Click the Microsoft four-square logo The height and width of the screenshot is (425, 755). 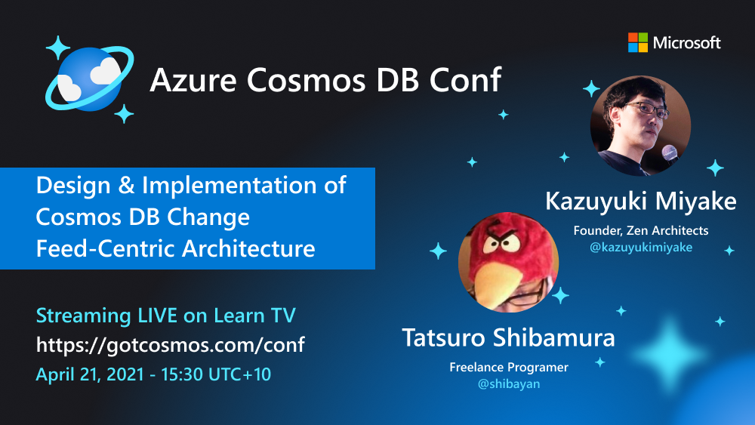pyautogui.click(x=638, y=42)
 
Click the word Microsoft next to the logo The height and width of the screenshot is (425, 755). pyautogui.click(x=687, y=43)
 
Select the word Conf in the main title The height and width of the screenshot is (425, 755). pyautogui.click(x=469, y=79)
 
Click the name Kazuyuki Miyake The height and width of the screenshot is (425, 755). pyautogui.click(x=640, y=202)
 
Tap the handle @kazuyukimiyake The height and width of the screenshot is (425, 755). pyautogui.click(x=640, y=246)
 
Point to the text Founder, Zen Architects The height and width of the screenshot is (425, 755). pyautogui.click(x=640, y=230)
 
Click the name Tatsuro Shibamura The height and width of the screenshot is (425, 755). pyautogui.click(x=508, y=337)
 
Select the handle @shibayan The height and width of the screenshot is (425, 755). pyautogui.click(x=508, y=383)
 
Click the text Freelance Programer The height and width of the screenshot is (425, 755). pyautogui.click(x=508, y=368)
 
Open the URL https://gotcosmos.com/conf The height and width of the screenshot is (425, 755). pyautogui.click(x=171, y=346)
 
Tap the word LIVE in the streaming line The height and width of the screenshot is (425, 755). pyautogui.click(x=156, y=316)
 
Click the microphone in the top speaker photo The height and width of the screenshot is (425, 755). pyautogui.click(x=669, y=152)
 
